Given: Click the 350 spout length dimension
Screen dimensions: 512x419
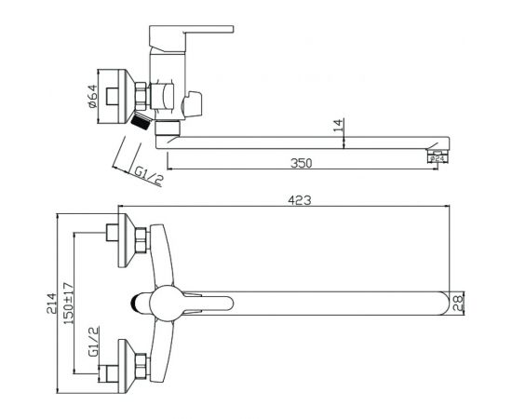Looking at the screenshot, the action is tap(301, 163).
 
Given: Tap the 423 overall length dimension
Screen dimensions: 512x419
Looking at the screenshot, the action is tap(300, 200).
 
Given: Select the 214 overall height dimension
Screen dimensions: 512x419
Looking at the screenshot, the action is tap(51, 304).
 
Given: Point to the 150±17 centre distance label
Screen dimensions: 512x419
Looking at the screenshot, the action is tap(69, 303).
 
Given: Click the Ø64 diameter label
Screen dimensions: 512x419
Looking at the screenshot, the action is tap(92, 96).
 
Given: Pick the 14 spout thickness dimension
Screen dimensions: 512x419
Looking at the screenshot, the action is tap(339, 125).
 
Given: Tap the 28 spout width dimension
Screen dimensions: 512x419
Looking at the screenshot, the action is tap(458, 304).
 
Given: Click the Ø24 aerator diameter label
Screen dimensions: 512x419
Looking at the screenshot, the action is tap(438, 158).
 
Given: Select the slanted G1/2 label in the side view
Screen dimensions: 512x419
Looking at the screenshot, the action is tap(148, 177).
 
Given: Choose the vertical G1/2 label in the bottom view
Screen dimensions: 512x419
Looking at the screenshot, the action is tap(93, 342).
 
